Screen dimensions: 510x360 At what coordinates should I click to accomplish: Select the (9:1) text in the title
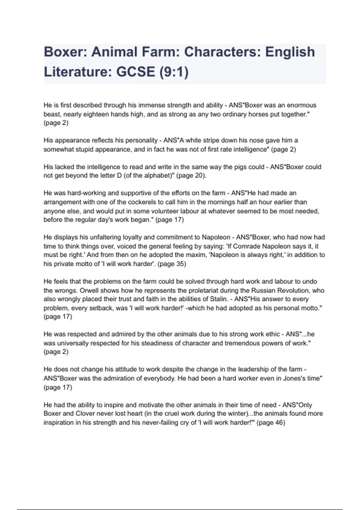pos(174,72)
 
